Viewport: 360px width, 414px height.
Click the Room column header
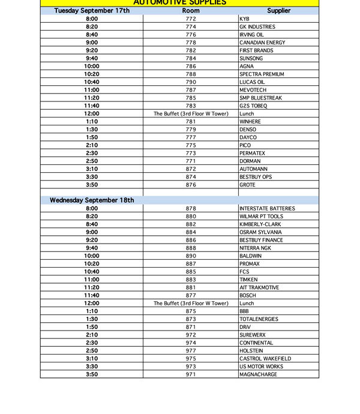(x=191, y=11)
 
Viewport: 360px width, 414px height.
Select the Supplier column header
(x=278, y=11)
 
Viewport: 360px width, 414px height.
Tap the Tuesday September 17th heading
(x=92, y=11)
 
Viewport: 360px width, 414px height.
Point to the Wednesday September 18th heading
(x=92, y=200)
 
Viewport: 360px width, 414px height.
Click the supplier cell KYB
(x=244, y=19)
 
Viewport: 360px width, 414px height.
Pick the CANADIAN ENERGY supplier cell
(x=262, y=43)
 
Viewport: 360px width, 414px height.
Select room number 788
(x=191, y=74)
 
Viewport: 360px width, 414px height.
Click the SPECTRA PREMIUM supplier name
(x=262, y=74)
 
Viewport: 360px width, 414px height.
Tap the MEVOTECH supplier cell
(x=253, y=90)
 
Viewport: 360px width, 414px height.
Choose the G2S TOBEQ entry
(x=253, y=106)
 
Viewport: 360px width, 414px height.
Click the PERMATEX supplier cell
(x=253, y=153)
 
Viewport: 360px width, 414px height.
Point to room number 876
(x=191, y=185)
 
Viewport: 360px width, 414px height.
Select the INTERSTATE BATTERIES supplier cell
(x=267, y=209)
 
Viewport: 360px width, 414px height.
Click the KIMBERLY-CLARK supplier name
(x=260, y=224)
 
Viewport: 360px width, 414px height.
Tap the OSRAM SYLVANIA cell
(x=260, y=232)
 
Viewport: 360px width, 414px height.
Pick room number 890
(x=191, y=256)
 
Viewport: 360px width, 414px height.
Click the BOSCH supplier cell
(x=248, y=295)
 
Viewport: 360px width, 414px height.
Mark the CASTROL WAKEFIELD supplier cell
(x=265, y=359)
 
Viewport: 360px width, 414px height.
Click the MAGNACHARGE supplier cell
(x=258, y=374)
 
